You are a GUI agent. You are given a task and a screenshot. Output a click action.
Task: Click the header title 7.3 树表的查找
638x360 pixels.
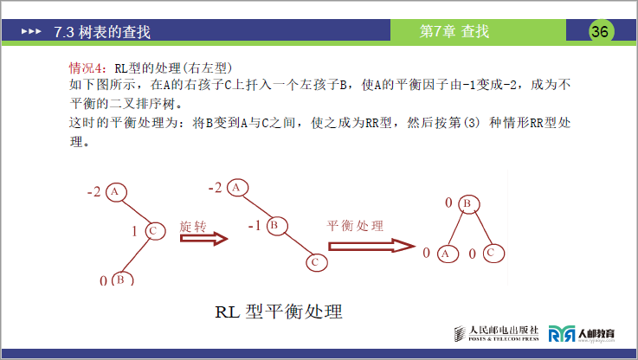(x=101, y=32)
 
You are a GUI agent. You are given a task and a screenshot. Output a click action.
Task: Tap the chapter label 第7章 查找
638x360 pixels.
(x=454, y=32)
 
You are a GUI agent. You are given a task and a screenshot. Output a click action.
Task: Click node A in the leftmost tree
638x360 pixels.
(x=118, y=191)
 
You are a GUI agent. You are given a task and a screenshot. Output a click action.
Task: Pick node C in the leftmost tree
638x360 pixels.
(x=153, y=231)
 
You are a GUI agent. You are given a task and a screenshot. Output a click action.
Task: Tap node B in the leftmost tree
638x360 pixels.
(x=120, y=280)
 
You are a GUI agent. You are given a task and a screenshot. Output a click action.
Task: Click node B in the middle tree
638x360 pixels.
(x=273, y=226)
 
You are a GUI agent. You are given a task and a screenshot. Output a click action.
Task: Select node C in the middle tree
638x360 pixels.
(x=316, y=261)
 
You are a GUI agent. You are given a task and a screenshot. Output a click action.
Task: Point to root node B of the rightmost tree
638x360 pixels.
(x=465, y=204)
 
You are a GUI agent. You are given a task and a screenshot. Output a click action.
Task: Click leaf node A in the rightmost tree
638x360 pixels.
(x=445, y=254)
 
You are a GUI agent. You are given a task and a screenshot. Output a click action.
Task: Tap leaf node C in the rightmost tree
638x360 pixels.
(x=490, y=253)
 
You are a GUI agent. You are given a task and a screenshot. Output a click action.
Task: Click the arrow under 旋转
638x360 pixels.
(x=203, y=238)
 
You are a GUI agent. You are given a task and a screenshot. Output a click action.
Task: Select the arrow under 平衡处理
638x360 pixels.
(x=367, y=245)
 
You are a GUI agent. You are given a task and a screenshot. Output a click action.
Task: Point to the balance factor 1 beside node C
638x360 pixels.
(x=134, y=231)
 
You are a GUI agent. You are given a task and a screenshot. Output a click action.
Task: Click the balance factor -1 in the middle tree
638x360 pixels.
(x=254, y=226)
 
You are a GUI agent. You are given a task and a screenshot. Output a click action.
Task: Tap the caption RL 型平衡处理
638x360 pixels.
(x=279, y=312)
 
